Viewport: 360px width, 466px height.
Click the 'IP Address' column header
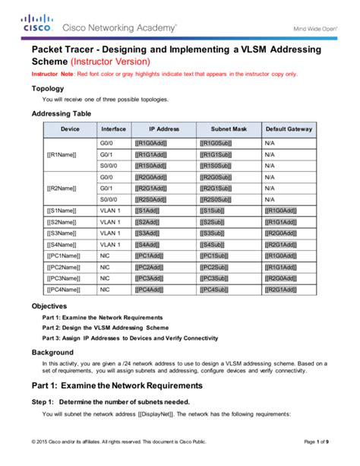163,129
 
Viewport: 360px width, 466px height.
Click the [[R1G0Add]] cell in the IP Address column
152,142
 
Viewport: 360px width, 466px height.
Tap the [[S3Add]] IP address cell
149,233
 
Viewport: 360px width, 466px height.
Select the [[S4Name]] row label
61,244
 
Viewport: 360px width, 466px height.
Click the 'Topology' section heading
47,88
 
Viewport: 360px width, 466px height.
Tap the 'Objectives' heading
49,306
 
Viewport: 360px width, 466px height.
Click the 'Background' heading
52,353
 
